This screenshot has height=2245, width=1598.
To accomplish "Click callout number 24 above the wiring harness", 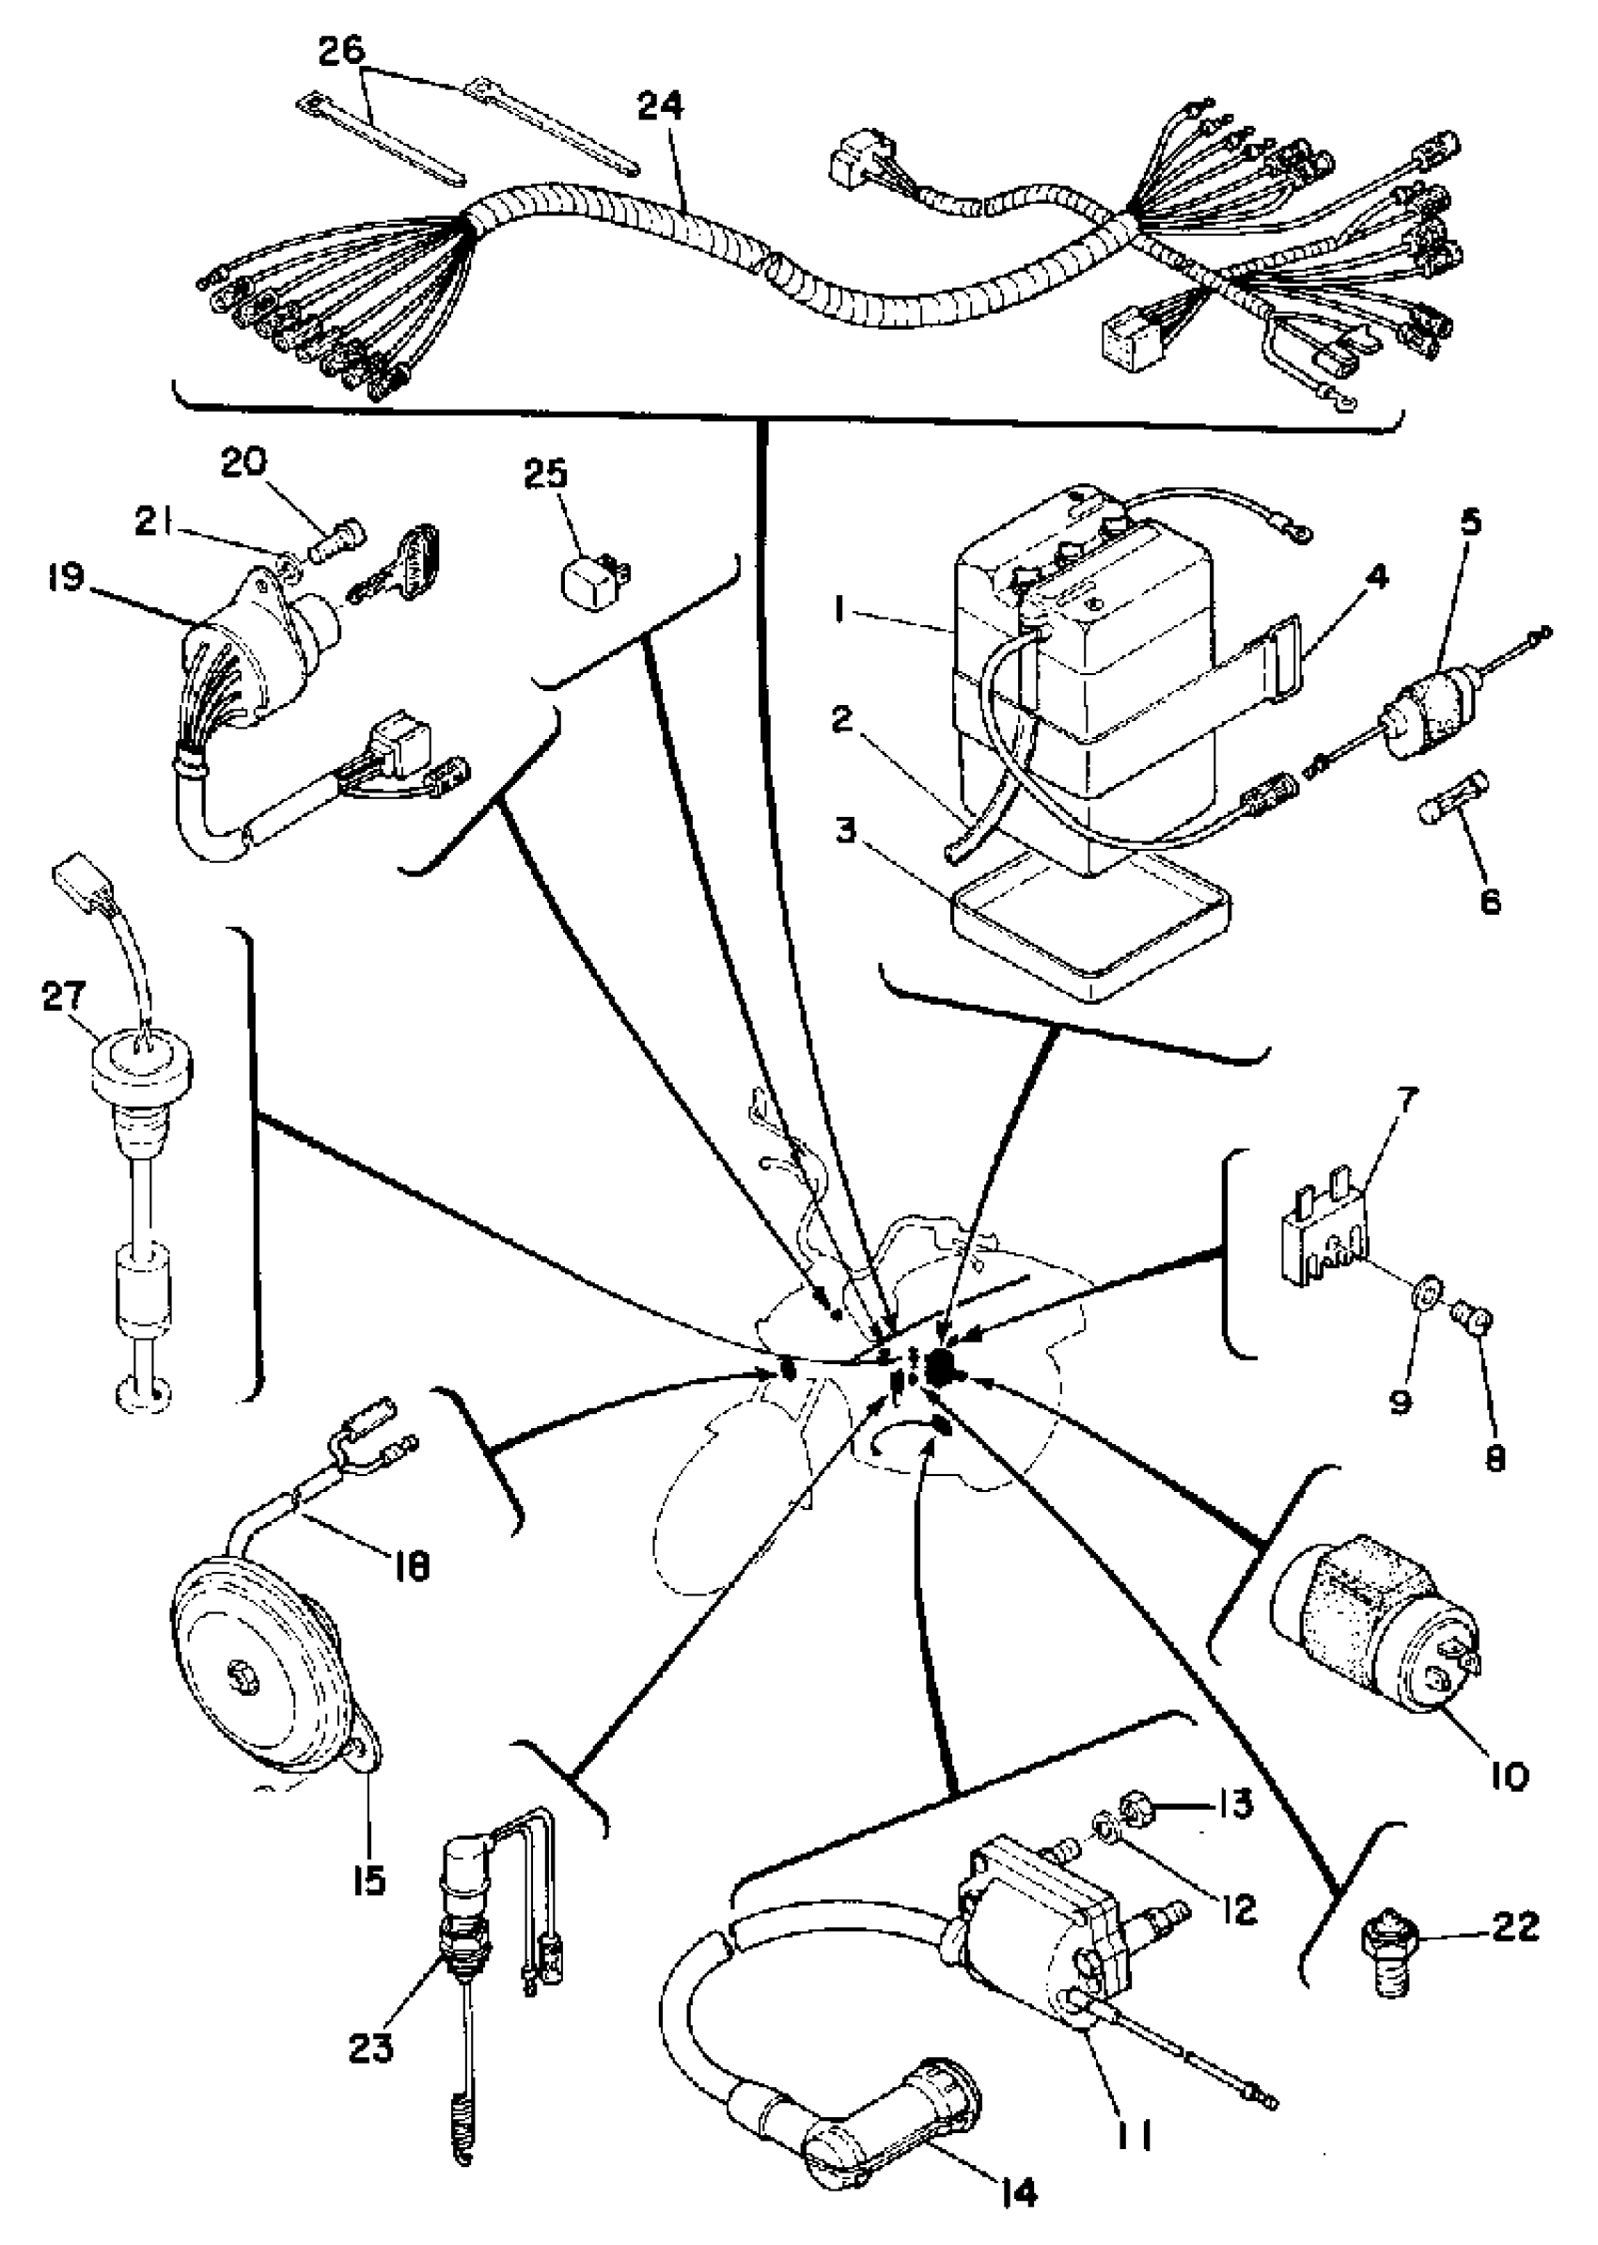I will coord(659,106).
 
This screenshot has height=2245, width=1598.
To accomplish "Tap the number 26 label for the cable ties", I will coord(341,50).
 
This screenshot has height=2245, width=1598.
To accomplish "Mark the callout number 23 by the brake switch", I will coord(370,2049).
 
